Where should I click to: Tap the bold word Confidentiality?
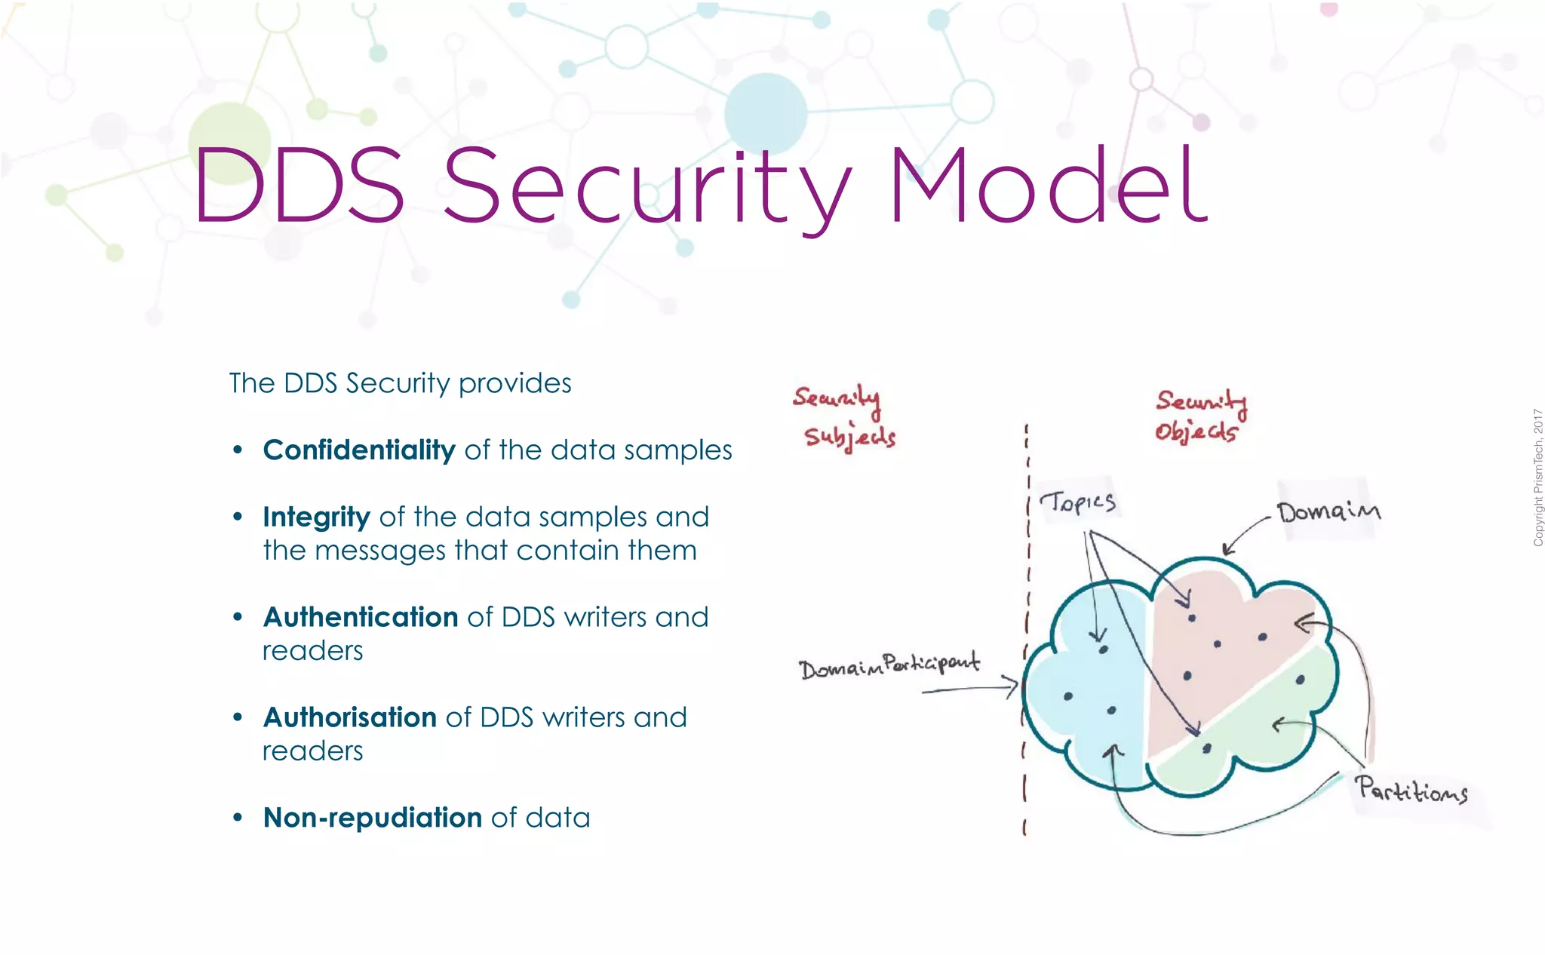pyautogui.click(x=359, y=450)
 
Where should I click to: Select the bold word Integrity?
pyautogui.click(x=316, y=517)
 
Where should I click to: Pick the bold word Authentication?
pyautogui.click(x=361, y=617)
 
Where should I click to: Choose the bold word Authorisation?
pyautogui.click(x=349, y=717)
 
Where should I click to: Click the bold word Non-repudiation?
pyautogui.click(x=373, y=818)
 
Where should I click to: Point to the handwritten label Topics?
pyautogui.click(x=1077, y=502)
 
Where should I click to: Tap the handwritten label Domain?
pyautogui.click(x=1328, y=512)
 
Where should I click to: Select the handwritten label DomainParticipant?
pyautogui.click(x=889, y=665)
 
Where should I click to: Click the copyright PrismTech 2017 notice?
pyautogui.click(x=1537, y=477)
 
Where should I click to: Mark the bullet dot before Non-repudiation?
pyautogui.click(x=238, y=818)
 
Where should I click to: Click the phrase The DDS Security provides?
pyautogui.click(x=400, y=383)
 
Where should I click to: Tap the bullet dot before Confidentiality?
pyautogui.click(x=238, y=450)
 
